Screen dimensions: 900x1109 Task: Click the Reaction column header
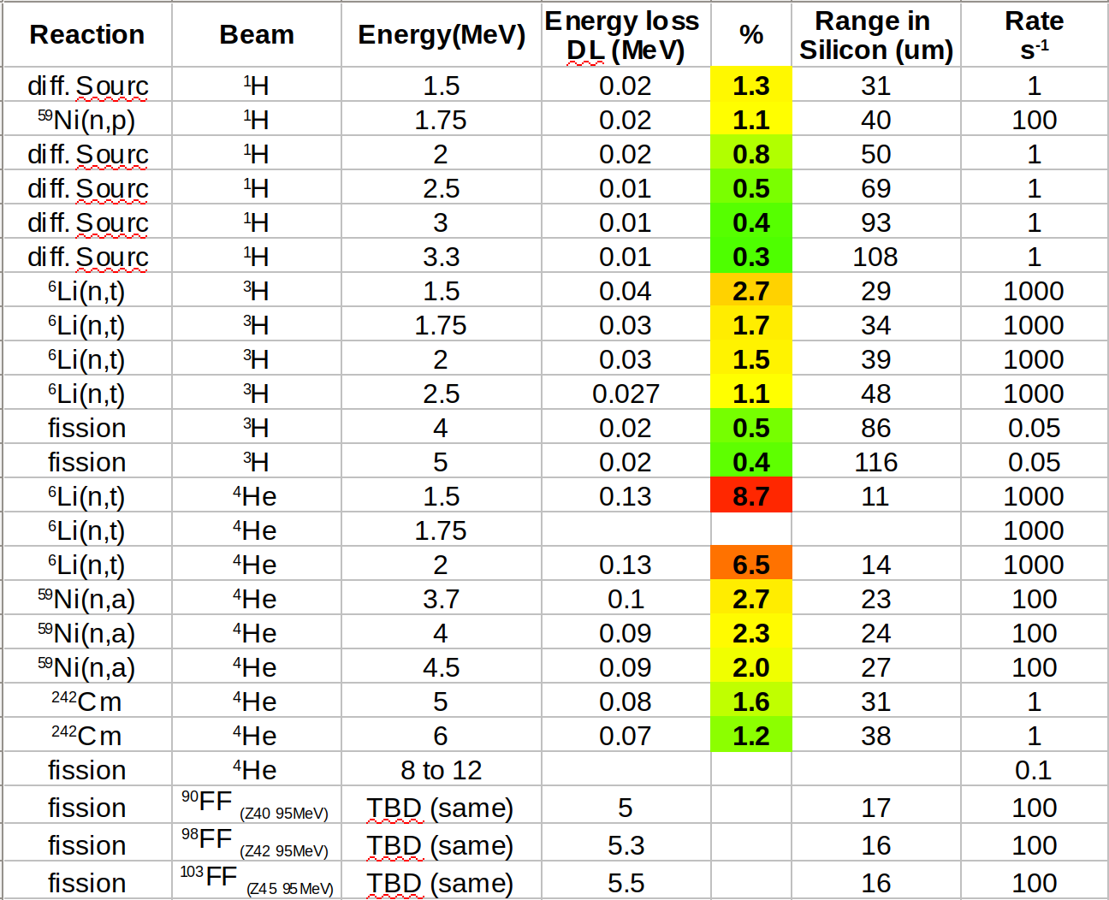tap(87, 34)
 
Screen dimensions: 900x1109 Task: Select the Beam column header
tap(257, 34)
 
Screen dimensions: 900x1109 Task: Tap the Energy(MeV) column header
tap(441, 34)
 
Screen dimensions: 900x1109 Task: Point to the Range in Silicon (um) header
tap(876, 35)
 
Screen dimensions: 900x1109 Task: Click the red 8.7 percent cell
tap(750, 496)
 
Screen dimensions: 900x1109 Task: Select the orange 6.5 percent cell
tap(750, 565)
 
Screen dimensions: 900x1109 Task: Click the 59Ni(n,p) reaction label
tap(87, 120)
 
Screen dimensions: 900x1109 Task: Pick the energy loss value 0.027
tap(626, 394)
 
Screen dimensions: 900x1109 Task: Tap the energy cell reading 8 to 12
tap(441, 770)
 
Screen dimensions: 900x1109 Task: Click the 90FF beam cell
tap(255, 806)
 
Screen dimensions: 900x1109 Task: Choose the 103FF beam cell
tap(255, 881)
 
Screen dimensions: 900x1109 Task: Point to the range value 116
tap(875, 462)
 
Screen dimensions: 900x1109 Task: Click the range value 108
tap(875, 257)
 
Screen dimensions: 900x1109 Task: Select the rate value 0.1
tap(1033, 770)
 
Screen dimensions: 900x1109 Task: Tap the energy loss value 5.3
tap(626, 845)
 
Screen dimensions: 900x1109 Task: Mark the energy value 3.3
tap(441, 257)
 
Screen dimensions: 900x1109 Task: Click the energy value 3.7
tap(441, 599)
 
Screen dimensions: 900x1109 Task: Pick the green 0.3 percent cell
tap(750, 257)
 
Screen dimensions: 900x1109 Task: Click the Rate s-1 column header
tap(1034, 35)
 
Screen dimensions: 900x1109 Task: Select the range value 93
tap(875, 222)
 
